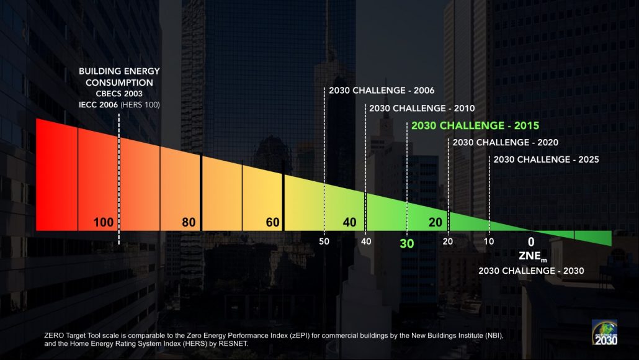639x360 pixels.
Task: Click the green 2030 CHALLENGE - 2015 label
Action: pyautogui.click(x=475, y=125)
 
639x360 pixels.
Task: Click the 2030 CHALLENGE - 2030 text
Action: pyautogui.click(x=531, y=271)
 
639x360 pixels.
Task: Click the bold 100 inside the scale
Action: pyautogui.click(x=103, y=222)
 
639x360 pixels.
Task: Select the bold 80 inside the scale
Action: pyautogui.click(x=189, y=222)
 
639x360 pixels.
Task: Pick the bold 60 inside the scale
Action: pyautogui.click(x=272, y=222)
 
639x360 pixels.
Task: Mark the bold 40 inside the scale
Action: pyautogui.click(x=349, y=222)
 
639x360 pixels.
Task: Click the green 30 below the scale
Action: pyautogui.click(x=406, y=244)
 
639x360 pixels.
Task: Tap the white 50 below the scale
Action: pyautogui.click(x=324, y=241)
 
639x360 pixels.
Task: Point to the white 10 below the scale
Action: pyautogui.click(x=489, y=241)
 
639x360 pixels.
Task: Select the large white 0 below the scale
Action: pyautogui.click(x=530, y=242)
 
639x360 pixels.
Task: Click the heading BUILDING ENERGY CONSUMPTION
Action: pyautogui.click(x=119, y=77)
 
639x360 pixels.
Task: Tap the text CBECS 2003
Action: pyautogui.click(x=119, y=94)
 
